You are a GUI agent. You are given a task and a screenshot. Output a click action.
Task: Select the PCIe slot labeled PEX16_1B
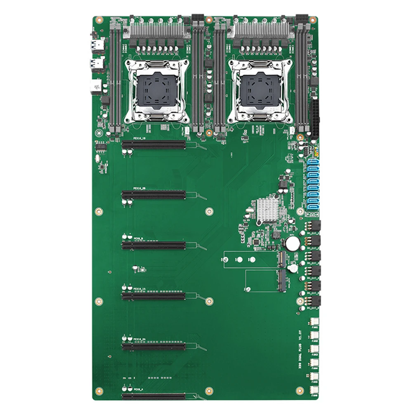[153, 145]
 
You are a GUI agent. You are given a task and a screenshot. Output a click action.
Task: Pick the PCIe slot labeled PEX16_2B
[153, 195]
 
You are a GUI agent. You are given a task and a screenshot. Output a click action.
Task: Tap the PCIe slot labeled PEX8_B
[153, 246]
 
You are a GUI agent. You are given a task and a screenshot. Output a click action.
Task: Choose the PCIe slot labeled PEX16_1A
[153, 296]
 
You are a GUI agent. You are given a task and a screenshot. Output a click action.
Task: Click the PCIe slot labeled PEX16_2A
[153, 347]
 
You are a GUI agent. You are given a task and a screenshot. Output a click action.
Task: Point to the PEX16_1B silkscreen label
[139, 139]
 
